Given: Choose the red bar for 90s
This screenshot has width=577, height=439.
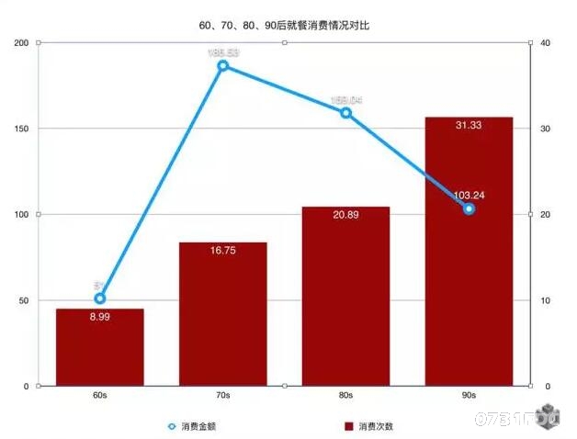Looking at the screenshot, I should [469, 266].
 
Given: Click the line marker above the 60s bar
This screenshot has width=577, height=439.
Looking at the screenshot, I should [100, 298].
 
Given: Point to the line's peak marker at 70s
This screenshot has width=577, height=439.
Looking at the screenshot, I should [222, 66].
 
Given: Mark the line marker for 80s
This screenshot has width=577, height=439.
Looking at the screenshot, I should [345, 113].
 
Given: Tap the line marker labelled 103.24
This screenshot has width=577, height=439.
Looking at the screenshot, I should [469, 209].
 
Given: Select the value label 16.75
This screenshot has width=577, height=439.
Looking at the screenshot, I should [222, 250].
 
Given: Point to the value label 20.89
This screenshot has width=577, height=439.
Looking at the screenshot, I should [345, 214].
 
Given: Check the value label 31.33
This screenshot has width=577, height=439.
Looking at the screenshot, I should [469, 125].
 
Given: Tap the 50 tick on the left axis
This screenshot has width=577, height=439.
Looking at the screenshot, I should [22, 300].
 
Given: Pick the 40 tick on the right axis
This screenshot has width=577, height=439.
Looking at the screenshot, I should [545, 42].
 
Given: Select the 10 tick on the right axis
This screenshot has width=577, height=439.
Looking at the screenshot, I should [545, 300].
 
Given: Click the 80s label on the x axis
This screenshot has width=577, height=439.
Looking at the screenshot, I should [345, 396].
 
